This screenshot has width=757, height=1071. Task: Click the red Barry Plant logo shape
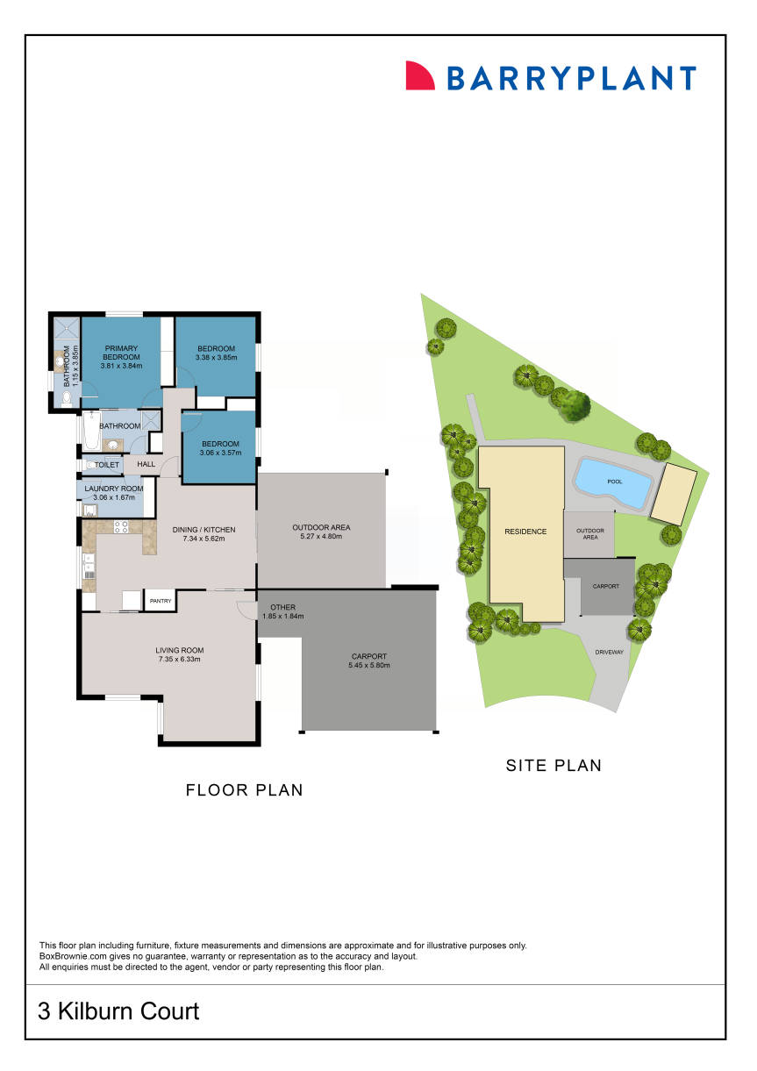(419, 75)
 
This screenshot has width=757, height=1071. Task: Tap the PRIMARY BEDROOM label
(121, 353)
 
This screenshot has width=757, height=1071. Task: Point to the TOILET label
(107, 465)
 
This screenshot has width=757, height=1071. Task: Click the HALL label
(146, 464)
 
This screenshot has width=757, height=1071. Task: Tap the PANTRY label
(160, 601)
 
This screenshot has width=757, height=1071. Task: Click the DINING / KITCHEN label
(204, 529)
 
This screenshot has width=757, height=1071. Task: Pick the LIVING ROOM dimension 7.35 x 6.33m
(179, 659)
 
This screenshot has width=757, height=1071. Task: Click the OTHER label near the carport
(282, 607)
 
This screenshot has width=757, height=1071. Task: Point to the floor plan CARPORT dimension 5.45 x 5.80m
(368, 666)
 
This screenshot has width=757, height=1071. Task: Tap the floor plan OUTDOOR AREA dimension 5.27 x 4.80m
(321, 536)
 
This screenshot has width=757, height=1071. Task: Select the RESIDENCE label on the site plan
(525, 532)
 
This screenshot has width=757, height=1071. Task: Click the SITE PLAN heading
(553, 765)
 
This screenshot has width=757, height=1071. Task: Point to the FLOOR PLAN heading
(244, 790)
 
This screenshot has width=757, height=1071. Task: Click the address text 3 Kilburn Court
(118, 1011)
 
